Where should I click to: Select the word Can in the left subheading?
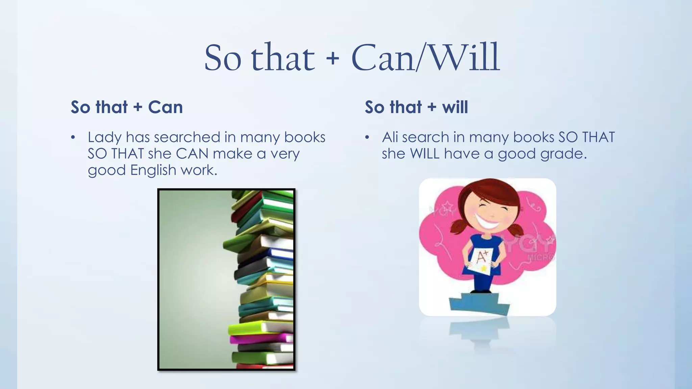coord(165,107)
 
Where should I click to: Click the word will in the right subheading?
coord(455,107)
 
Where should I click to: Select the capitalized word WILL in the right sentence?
coord(425,154)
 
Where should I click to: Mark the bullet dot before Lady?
coord(73,138)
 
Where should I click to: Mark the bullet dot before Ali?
coord(367,138)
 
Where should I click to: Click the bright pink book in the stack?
coord(260,338)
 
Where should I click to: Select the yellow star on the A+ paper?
coord(484,268)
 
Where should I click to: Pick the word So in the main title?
coord(223,58)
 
